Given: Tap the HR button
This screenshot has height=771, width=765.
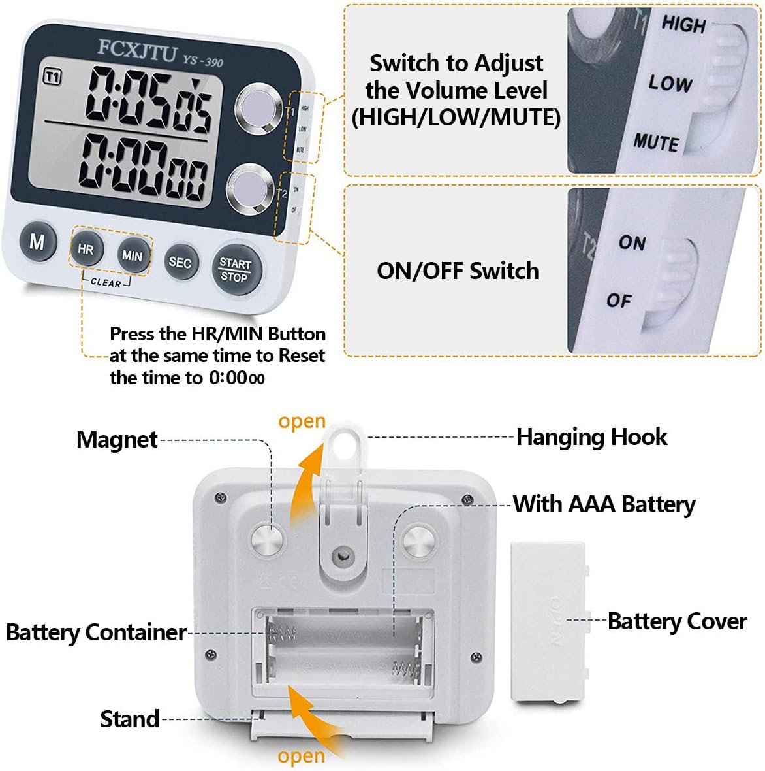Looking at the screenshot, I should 86,249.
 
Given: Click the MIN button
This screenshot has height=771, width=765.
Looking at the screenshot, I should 133,255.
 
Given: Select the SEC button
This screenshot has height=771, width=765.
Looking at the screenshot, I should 180,263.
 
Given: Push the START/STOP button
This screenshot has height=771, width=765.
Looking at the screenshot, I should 235,270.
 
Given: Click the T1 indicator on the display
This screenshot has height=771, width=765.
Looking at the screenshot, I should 52,77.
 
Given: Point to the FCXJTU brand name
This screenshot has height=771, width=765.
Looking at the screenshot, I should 137,50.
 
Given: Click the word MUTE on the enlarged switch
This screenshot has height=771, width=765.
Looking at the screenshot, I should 656,142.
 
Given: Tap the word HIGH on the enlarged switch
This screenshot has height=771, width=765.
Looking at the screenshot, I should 683,25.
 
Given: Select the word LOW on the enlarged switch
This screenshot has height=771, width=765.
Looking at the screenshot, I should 670,83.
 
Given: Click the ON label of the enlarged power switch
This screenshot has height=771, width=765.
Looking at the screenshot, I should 632,242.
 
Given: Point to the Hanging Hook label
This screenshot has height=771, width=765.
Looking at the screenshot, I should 591,437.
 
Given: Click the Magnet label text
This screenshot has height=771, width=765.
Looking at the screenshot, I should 117,440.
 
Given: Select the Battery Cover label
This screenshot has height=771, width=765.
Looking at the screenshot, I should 677,621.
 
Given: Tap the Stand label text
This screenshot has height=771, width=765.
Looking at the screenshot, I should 129,719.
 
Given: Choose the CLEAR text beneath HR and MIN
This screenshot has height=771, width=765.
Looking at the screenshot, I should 106,282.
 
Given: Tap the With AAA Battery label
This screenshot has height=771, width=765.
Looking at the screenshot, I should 604,504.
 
